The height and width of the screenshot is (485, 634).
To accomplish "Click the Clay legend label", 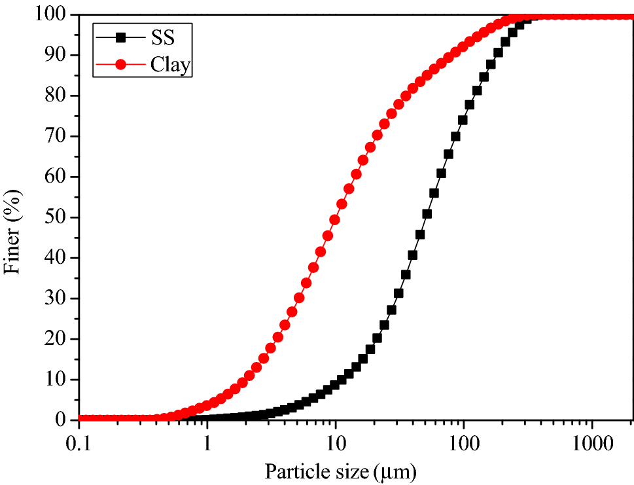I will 170,64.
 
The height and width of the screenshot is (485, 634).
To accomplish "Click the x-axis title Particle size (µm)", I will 340,470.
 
